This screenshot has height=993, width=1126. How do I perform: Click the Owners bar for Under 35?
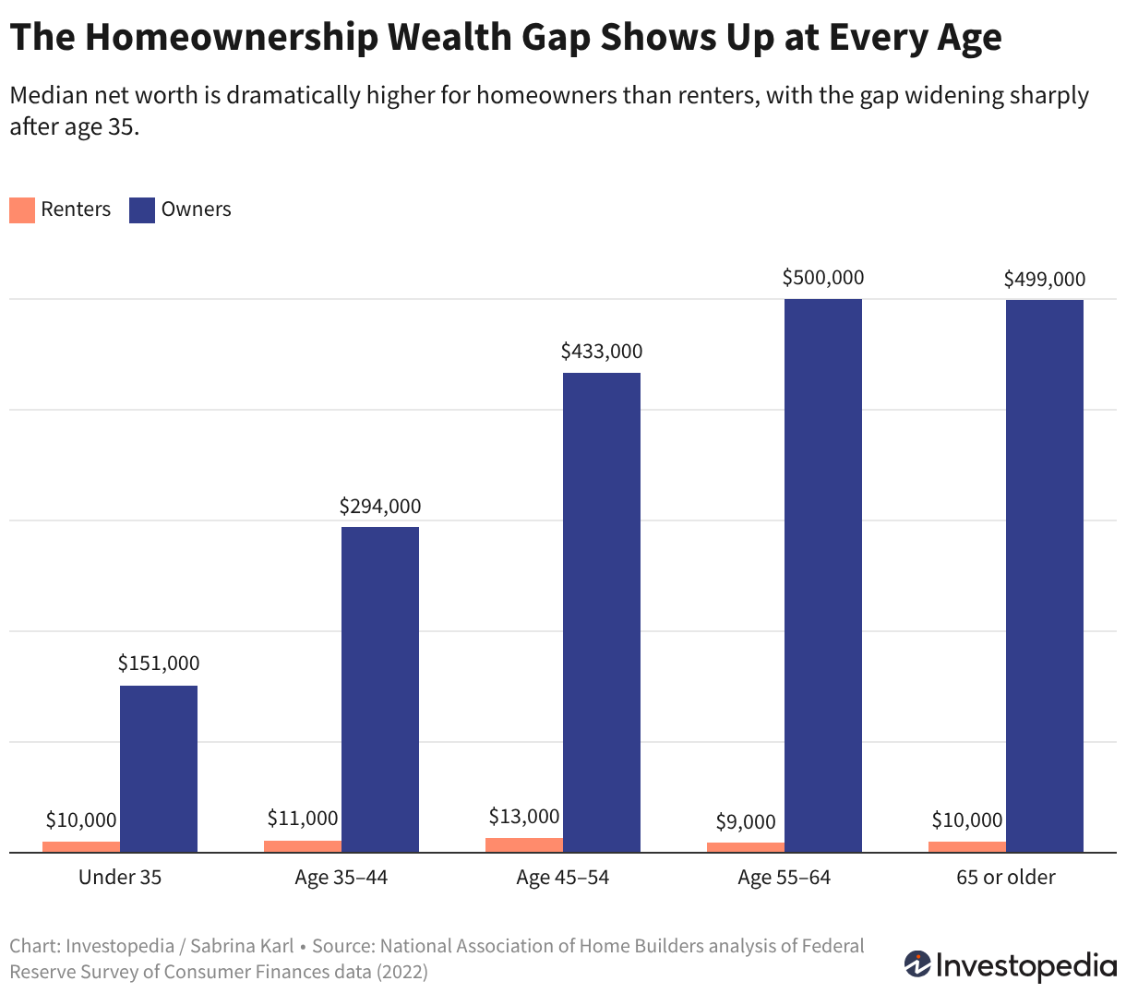159,769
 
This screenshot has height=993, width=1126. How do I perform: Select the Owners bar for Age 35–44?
380,689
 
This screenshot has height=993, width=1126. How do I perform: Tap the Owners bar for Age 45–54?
602,613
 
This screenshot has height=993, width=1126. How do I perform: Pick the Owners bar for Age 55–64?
823,575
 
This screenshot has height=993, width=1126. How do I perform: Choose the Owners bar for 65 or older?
1045,576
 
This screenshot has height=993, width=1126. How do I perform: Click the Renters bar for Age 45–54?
524,844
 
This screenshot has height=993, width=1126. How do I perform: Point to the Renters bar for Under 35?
81,846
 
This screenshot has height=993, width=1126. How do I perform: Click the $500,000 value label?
823,277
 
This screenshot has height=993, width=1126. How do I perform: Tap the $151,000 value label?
159,663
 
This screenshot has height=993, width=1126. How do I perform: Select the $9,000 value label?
746,821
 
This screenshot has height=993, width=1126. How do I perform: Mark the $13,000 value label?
524,817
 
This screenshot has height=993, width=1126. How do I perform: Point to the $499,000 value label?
1045,279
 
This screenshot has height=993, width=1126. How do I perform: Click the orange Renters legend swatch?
22,210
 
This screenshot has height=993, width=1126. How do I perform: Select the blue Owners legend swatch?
142,210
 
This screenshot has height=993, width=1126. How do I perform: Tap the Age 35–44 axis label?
341,878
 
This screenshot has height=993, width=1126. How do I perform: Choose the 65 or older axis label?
1006,877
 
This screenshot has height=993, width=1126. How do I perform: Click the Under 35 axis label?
120,877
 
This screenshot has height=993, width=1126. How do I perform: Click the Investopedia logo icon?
917,964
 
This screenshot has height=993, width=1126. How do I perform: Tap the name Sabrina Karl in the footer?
242,946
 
